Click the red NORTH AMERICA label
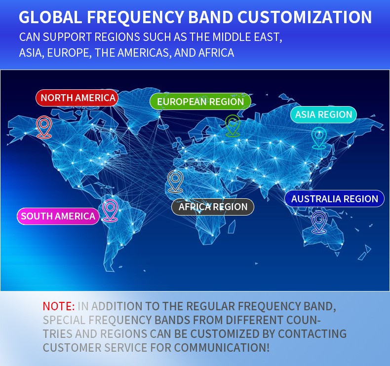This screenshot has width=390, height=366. coord(77,98)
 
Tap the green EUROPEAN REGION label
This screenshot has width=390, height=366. coord(200,102)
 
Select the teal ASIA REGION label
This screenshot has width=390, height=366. coord(323,114)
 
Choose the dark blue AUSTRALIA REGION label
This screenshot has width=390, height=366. coord(335,198)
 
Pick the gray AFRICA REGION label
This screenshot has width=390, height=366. coord(213,207)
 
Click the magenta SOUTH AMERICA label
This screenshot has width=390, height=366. coord(58,216)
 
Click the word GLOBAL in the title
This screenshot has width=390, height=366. coord(50,17)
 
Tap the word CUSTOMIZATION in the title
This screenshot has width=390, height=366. coord(305,17)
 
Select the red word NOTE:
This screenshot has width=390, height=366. coord(58,306)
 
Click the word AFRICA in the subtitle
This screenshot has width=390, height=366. coord(216,53)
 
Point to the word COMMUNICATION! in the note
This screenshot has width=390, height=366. coord(222,347)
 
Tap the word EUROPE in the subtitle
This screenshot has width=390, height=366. coord(68,53)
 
